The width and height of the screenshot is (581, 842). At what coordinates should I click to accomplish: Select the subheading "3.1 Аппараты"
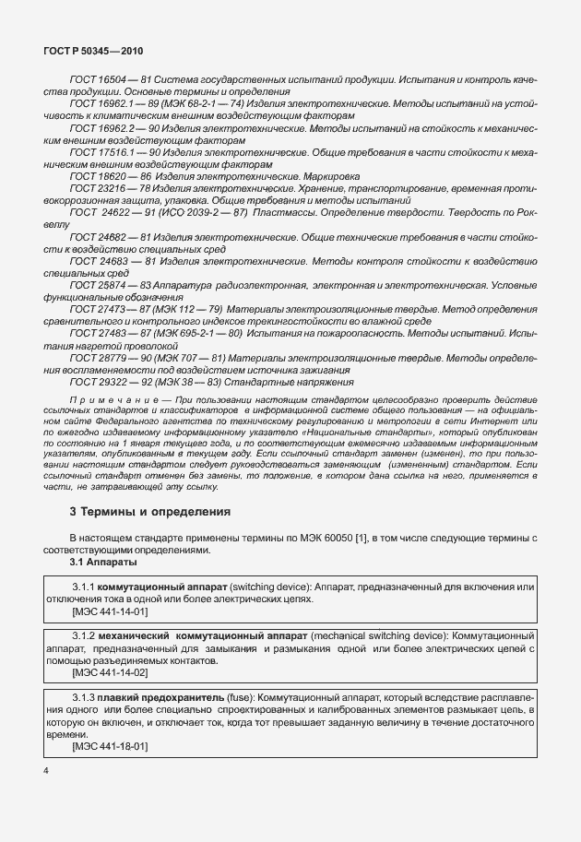click(103, 562)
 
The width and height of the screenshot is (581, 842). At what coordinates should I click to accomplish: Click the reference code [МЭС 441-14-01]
click(109, 611)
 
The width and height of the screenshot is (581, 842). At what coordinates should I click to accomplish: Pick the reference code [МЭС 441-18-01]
click(109, 745)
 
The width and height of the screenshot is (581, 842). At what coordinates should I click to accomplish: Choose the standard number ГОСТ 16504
click(95, 80)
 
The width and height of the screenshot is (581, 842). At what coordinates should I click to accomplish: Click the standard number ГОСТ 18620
click(95, 174)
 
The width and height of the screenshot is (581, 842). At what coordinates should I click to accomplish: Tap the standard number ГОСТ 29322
click(95, 381)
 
